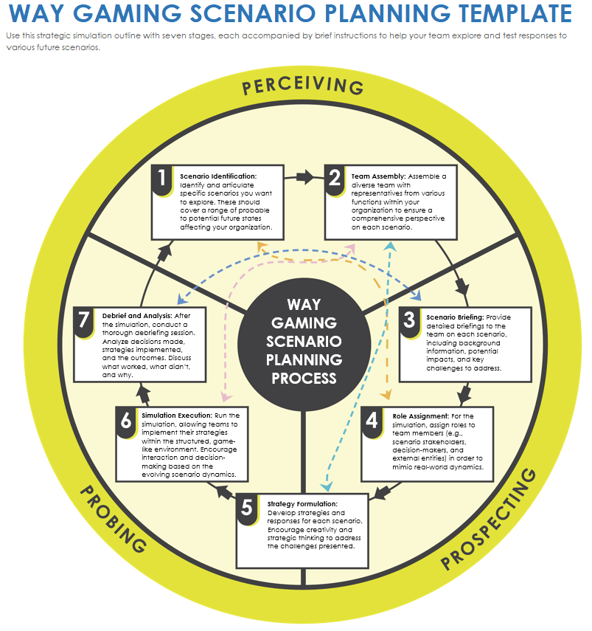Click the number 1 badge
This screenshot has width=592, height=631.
click(x=161, y=179)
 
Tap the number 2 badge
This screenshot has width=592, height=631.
click(x=335, y=179)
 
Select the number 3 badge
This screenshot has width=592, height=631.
click(x=408, y=321)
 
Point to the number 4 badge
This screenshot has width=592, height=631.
click(x=372, y=421)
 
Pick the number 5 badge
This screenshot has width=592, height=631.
click(x=247, y=508)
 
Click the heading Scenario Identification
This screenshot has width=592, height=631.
click(x=218, y=176)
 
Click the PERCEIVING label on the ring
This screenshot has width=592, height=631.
click(x=303, y=86)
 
